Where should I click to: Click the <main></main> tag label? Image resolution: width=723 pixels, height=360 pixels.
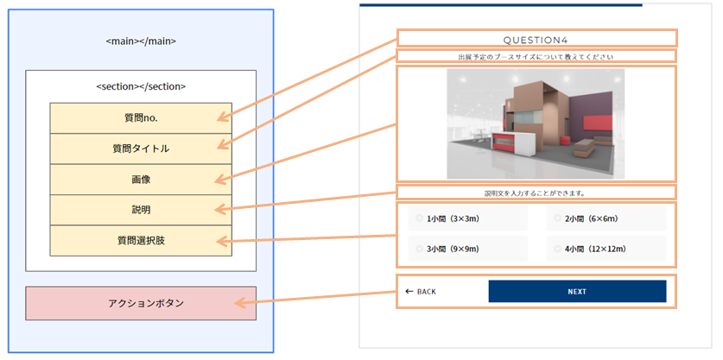click(141, 41)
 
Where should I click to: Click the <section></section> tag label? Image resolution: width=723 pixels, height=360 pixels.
click(141, 86)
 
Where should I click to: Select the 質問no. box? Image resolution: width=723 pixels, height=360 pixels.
click(141, 117)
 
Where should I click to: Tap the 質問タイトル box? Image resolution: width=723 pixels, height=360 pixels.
click(141, 148)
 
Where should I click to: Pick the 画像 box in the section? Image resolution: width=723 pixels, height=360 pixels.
click(141, 180)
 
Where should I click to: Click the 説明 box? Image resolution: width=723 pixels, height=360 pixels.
click(141, 210)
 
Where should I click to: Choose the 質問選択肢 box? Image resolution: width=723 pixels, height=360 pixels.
click(141, 240)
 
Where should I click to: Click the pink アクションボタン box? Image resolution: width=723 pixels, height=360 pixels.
click(141, 303)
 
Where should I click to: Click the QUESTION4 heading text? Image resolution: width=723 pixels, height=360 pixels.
click(536, 39)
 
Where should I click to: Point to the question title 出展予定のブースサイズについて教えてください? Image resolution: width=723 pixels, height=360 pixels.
click(536, 57)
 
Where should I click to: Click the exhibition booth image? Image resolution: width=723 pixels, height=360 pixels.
click(536, 123)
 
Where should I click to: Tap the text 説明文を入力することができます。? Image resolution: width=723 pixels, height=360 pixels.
click(536, 193)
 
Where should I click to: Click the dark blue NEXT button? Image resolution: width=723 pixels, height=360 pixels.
click(577, 292)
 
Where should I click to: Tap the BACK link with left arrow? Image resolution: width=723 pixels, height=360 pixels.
click(421, 292)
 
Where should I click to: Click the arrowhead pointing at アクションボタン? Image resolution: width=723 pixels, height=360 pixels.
click(240, 303)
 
